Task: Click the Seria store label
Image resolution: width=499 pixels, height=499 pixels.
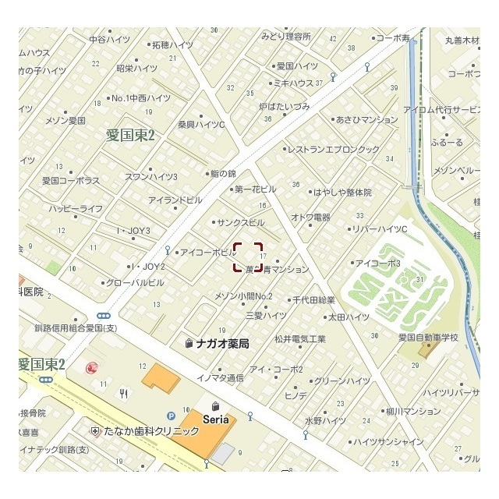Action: (216, 419)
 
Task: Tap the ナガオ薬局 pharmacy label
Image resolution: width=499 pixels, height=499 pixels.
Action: (222, 343)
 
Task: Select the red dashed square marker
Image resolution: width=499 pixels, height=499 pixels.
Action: (248, 257)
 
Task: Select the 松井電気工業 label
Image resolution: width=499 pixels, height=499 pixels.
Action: (299, 338)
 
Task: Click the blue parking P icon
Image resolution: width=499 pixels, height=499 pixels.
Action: (170, 416)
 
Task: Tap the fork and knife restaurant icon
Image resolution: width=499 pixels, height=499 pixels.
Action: (123, 394)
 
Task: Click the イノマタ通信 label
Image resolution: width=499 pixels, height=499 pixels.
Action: (220, 377)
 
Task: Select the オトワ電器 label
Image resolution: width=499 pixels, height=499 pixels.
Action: (310, 217)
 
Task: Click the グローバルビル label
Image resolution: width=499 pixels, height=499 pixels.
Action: (134, 282)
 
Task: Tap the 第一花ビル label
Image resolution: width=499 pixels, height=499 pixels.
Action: (254, 189)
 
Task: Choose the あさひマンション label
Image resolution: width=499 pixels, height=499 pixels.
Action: (366, 120)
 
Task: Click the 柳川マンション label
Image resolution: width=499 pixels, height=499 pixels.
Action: (412, 411)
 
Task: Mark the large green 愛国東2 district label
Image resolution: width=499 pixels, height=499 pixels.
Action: (131, 135)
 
